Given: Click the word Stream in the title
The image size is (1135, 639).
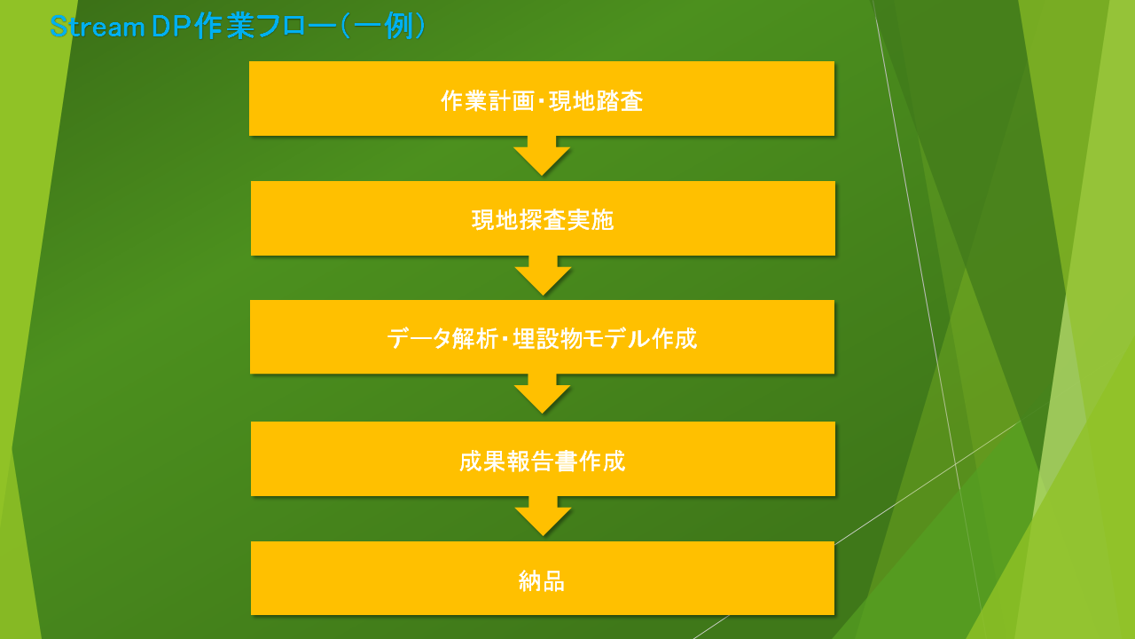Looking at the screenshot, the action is point(98,27).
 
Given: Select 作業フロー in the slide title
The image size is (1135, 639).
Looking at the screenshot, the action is point(265,27).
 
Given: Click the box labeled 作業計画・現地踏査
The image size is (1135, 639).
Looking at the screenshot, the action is point(542,99).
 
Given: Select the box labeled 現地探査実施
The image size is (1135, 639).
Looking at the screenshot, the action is point(543,218).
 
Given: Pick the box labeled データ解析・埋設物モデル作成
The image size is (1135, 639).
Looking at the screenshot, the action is point(542,337).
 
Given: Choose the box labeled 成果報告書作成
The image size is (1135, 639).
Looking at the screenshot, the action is point(543,459).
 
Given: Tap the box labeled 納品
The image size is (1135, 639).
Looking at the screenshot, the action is point(543,578).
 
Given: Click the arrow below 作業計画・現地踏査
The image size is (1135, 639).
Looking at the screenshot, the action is point(542,155).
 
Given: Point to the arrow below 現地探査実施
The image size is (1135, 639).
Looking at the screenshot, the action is point(544,275).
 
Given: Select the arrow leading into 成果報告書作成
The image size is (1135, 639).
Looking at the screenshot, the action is point(542,394).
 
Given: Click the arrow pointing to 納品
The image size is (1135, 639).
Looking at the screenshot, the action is point(544,516).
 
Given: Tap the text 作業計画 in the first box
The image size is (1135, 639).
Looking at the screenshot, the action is point(488,100).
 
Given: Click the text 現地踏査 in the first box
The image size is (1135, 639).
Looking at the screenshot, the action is point(596,100).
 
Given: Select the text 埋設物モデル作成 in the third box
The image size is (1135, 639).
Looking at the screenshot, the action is point(605,338).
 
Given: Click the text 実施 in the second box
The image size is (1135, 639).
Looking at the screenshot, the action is point(591,220).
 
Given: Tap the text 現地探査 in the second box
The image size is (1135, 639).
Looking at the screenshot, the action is point(519,220).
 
